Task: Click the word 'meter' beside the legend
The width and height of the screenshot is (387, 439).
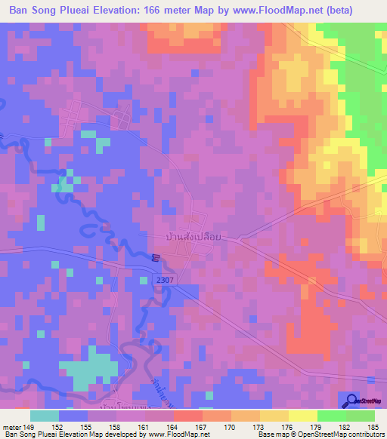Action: pos(11,426)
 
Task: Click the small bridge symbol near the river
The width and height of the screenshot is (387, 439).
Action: pos(153,258)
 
